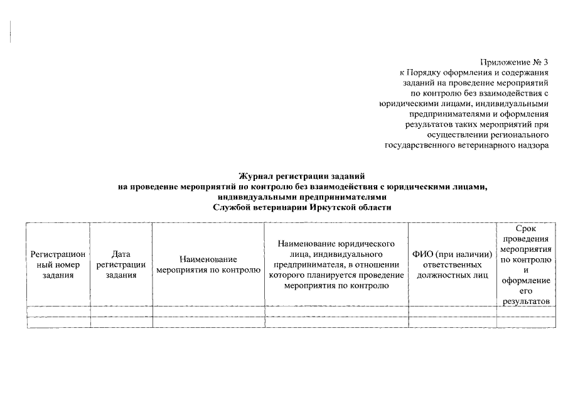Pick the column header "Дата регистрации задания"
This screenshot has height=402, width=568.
click(121, 264)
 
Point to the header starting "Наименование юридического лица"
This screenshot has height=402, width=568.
click(336, 264)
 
